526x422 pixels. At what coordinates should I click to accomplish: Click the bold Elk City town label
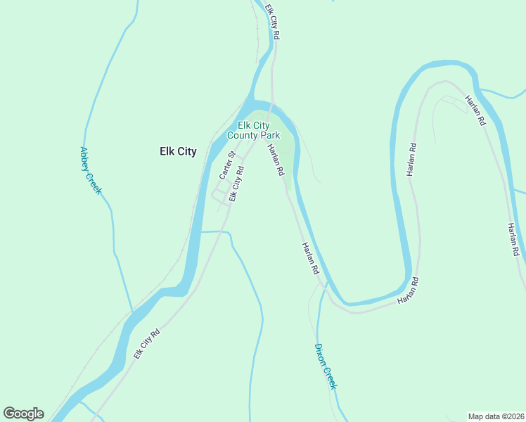coord(177,151)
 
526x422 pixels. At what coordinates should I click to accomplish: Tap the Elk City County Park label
coord(253,130)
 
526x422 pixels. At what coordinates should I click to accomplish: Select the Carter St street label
coord(226,164)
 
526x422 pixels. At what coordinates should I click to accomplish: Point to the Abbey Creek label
coord(91,170)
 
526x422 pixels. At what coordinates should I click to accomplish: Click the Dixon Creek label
coord(326,366)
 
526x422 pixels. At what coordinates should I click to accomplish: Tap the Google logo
coord(23,414)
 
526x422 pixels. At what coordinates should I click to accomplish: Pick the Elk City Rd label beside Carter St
coord(236,184)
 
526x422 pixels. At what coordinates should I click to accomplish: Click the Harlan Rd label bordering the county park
coord(276,160)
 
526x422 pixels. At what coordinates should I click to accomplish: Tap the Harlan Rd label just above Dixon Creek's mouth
coord(311,258)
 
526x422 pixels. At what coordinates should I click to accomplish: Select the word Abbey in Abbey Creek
coord(86,159)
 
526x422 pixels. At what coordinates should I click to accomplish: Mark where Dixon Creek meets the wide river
coord(326,285)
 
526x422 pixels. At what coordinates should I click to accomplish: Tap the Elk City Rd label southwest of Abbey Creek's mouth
coord(148,345)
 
